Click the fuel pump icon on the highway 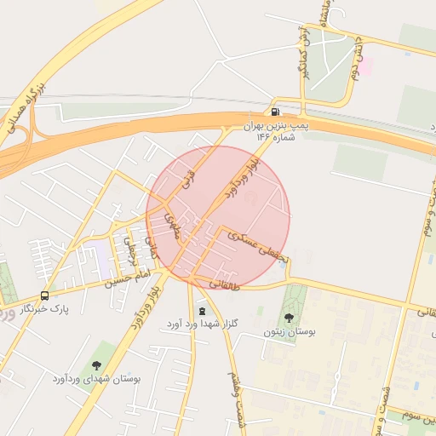click(274, 112)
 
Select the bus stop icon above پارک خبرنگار click(44, 295)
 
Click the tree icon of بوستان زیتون click(286, 318)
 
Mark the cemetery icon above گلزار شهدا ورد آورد click(202, 311)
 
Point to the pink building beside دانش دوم click(364, 65)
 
